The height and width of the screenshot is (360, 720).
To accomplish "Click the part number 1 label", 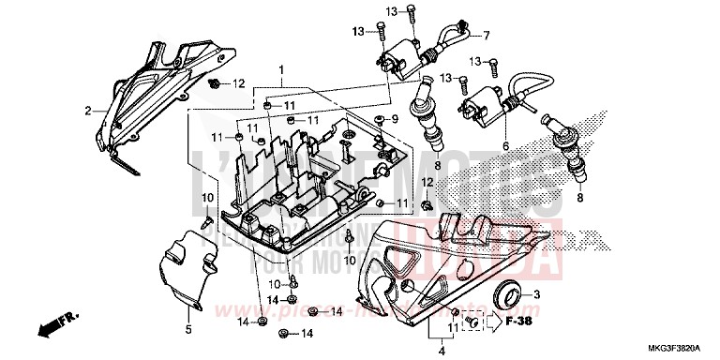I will pyautogui.click(x=280, y=70).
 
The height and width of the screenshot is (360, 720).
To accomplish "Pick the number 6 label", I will pyautogui.click(x=505, y=146).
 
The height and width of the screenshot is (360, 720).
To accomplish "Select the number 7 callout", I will pyautogui.click(x=487, y=37).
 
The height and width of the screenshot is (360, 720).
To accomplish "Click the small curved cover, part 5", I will pyautogui.click(x=178, y=272).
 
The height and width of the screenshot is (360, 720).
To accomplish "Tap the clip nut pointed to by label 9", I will pyautogui.click(x=380, y=120).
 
